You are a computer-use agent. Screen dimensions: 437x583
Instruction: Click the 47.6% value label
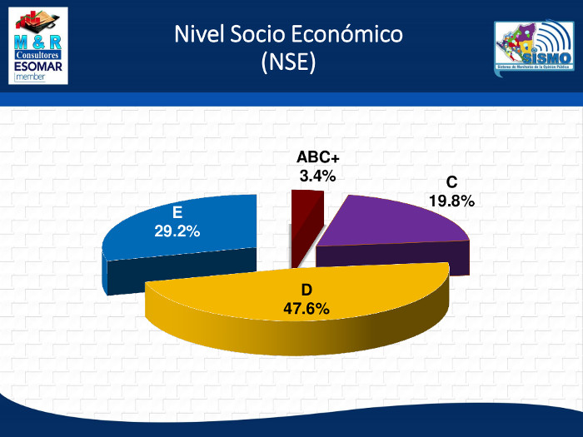click(x=306, y=309)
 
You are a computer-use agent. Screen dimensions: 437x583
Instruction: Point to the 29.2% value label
click(x=177, y=231)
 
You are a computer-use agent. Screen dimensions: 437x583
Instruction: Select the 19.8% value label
click(x=451, y=201)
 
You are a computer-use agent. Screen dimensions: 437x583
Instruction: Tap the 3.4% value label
click(x=317, y=176)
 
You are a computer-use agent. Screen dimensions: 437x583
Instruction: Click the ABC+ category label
click(x=318, y=158)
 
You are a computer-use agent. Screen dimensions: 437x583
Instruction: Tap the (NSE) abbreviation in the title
click(x=288, y=62)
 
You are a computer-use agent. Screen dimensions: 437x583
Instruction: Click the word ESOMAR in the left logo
click(x=41, y=64)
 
